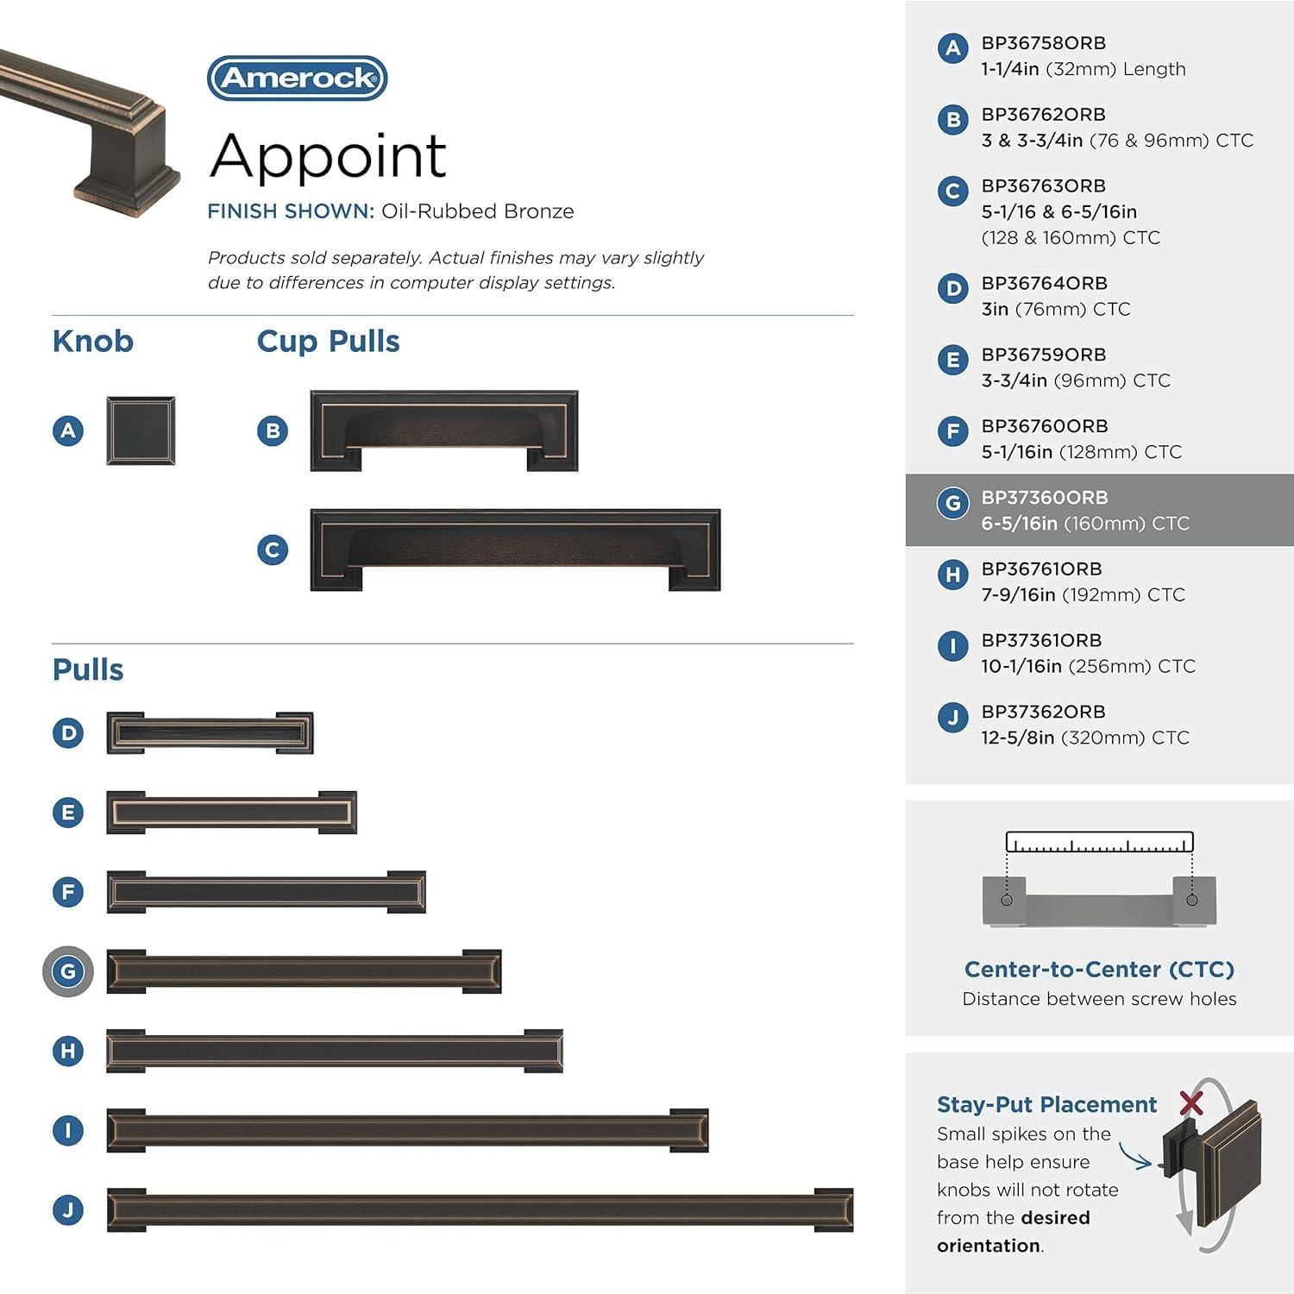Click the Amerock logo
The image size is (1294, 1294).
pos(298,79)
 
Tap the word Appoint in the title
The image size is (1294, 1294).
pos(328,156)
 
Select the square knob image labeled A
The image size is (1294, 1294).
pos(141,430)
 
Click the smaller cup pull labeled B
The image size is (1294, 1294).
pos(443,430)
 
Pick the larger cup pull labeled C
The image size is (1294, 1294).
pos(515,550)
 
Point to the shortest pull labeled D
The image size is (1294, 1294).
pos(210,733)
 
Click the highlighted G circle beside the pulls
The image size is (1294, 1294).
pos(68,971)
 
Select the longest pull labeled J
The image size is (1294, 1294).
pos(480,1209)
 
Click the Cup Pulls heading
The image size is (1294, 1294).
pos(328,342)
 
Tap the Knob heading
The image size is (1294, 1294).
pos(92,342)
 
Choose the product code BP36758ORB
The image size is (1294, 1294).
pos(1043,43)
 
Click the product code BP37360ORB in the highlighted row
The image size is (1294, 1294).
pos(1044,498)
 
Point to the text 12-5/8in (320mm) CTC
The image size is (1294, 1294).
pos(1084,738)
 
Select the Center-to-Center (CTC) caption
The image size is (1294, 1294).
pos(1099,970)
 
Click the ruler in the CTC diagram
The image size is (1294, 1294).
pos(1099,843)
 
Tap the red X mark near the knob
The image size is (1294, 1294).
pos(1191,1102)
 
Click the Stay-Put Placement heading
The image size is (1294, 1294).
pos(1046,1105)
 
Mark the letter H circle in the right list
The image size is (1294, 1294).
pos(952,575)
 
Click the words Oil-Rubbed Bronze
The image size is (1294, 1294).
pos(477,211)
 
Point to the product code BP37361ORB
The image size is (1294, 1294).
pos(1041,641)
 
